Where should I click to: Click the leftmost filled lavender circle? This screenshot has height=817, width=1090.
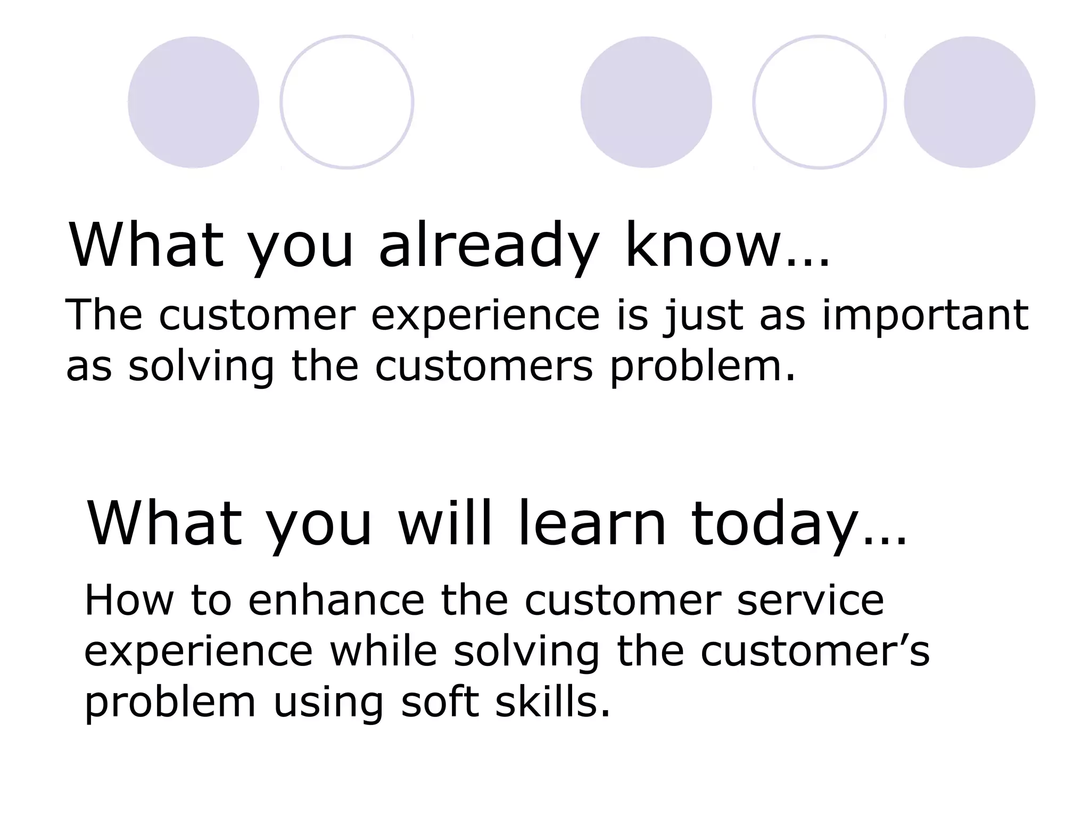193,102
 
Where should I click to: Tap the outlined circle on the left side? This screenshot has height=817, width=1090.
346,102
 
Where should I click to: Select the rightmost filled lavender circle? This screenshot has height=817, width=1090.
969,102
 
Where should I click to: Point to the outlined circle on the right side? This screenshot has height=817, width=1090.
819,102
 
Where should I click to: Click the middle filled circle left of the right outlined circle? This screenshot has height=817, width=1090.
646,102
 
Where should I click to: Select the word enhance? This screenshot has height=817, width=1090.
336,600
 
